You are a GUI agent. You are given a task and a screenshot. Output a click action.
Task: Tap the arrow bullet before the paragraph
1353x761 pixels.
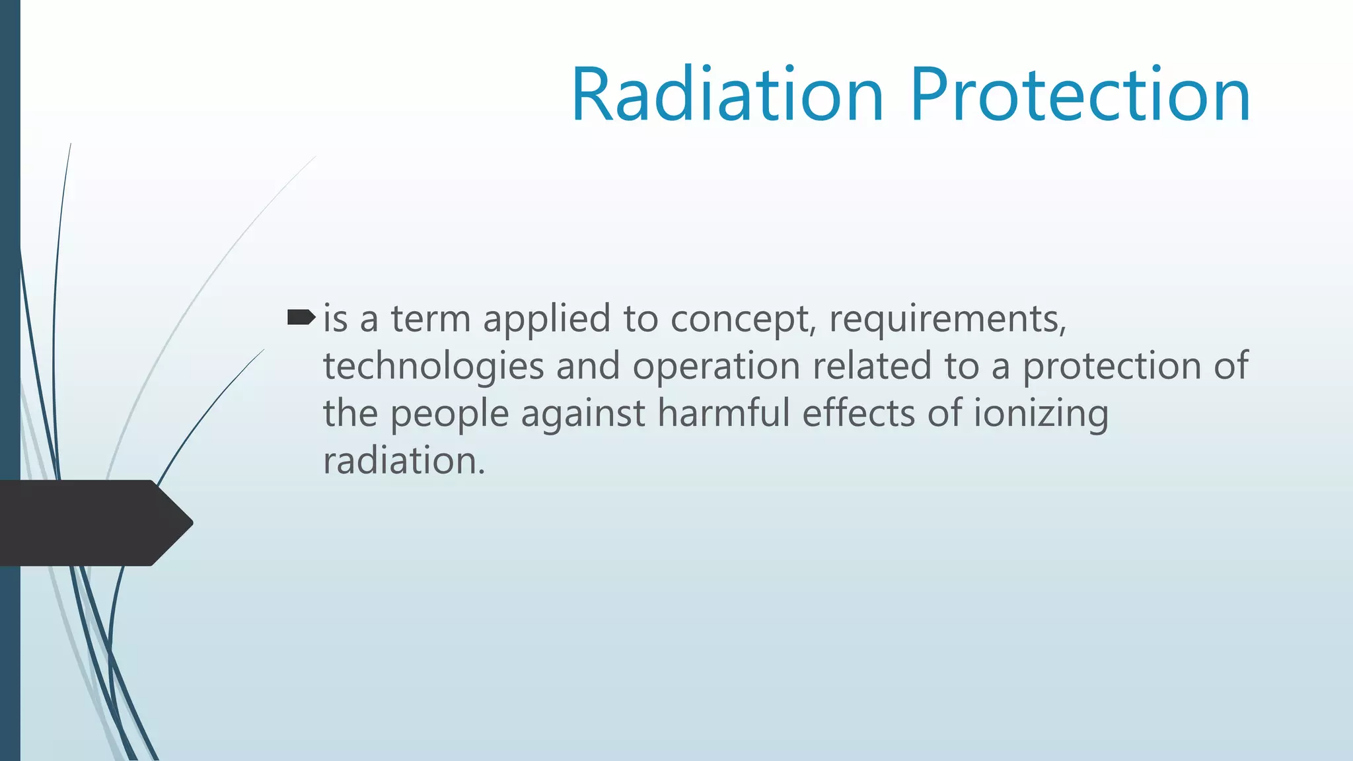pyautogui.click(x=301, y=318)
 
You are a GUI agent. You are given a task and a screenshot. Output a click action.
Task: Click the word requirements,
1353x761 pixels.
pyautogui.click(x=948, y=320)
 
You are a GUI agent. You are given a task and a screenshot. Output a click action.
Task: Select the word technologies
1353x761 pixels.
pyautogui.click(x=433, y=367)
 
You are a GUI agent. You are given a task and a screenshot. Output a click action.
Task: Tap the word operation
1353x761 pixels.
pyautogui.click(x=716, y=367)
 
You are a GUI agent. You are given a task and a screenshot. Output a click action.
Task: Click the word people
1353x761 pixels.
pyautogui.click(x=449, y=415)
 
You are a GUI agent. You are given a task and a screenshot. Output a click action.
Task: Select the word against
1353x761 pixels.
pyautogui.click(x=583, y=415)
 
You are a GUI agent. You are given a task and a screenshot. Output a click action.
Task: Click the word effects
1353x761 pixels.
pyautogui.click(x=858, y=414)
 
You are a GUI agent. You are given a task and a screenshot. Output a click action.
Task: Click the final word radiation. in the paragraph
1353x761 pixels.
pyautogui.click(x=404, y=460)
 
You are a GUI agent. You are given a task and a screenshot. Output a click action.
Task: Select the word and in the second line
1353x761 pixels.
pyautogui.click(x=588, y=366)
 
